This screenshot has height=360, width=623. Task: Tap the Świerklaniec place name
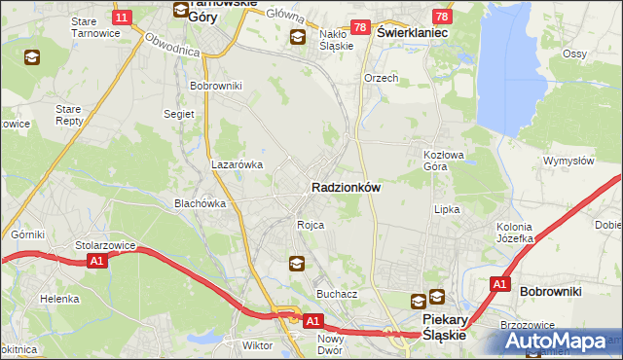(x=412, y=32)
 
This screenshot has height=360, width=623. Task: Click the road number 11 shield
(x=122, y=18)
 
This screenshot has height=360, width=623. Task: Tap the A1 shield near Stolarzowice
(x=95, y=261)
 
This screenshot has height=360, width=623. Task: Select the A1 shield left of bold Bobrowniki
(x=499, y=284)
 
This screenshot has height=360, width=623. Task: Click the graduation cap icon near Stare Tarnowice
(x=33, y=57)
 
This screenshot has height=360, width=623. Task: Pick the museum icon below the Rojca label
(x=297, y=263)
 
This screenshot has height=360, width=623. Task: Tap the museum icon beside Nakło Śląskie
(x=299, y=37)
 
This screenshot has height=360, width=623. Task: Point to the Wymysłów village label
(x=568, y=161)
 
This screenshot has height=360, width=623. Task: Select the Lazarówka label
(x=238, y=164)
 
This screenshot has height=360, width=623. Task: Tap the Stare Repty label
(x=69, y=116)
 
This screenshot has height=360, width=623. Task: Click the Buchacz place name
(x=337, y=293)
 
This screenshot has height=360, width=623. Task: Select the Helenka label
(x=59, y=299)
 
